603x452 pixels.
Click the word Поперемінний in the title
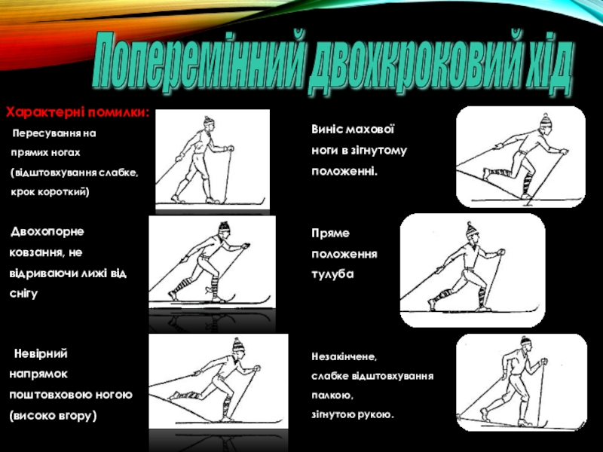click(x=199, y=61)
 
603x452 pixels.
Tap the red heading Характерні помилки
click(x=78, y=112)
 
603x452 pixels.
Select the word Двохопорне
click(x=47, y=232)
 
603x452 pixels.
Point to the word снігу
click(x=23, y=294)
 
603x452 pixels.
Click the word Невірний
click(x=41, y=353)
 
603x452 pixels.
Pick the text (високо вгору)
click(x=53, y=416)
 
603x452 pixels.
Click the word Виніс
click(x=329, y=129)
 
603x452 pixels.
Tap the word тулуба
click(x=332, y=274)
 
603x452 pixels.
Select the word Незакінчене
click(x=344, y=357)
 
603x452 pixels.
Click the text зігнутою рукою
click(x=353, y=415)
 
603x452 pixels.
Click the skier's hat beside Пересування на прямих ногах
click(x=208, y=121)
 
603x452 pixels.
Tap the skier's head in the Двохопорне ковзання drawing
click(x=225, y=228)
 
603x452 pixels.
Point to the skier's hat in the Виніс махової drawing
click(x=546, y=121)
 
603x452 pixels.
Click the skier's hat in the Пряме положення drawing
click(x=471, y=229)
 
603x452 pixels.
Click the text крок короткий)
click(x=50, y=191)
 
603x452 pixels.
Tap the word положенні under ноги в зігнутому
click(x=344, y=172)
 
